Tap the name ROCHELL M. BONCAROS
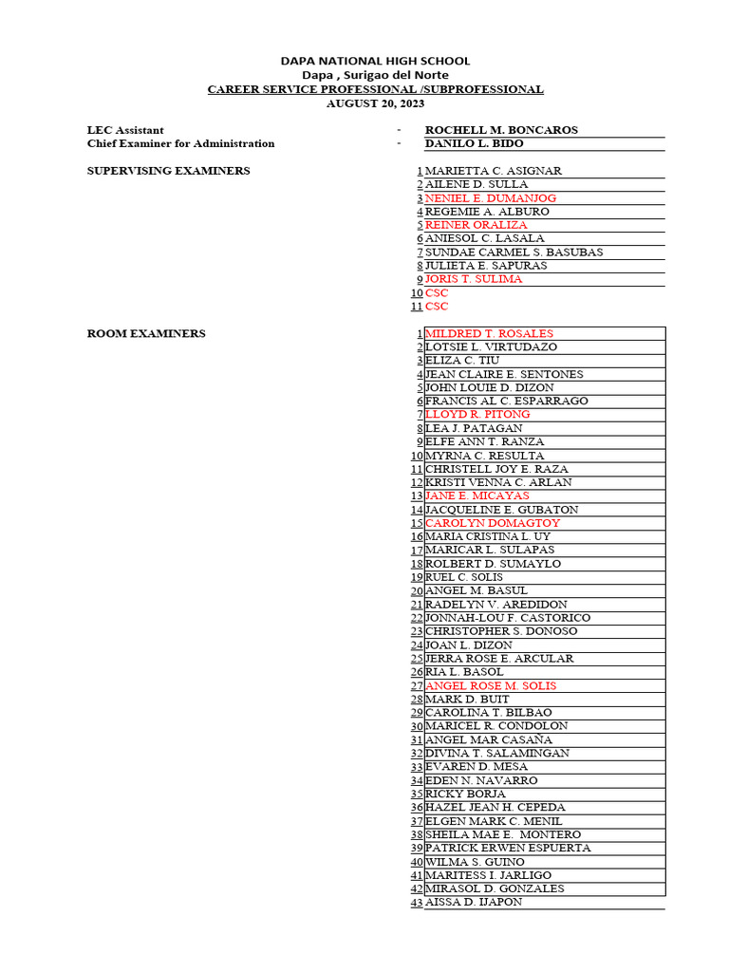501,130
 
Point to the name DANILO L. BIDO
474,143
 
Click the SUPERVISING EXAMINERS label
169,171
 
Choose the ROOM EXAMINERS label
146,333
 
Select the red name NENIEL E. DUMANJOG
491,198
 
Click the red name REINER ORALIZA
476,225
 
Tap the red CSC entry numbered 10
437,293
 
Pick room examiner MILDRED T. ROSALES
489,333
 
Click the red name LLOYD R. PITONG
477,415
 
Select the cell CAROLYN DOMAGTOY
493,523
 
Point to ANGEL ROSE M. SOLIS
491,685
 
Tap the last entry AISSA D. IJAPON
473,902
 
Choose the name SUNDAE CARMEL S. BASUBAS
514,252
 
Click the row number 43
416,902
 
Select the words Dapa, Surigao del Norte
375,75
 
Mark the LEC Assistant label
125,130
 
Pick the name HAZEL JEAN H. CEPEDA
495,807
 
